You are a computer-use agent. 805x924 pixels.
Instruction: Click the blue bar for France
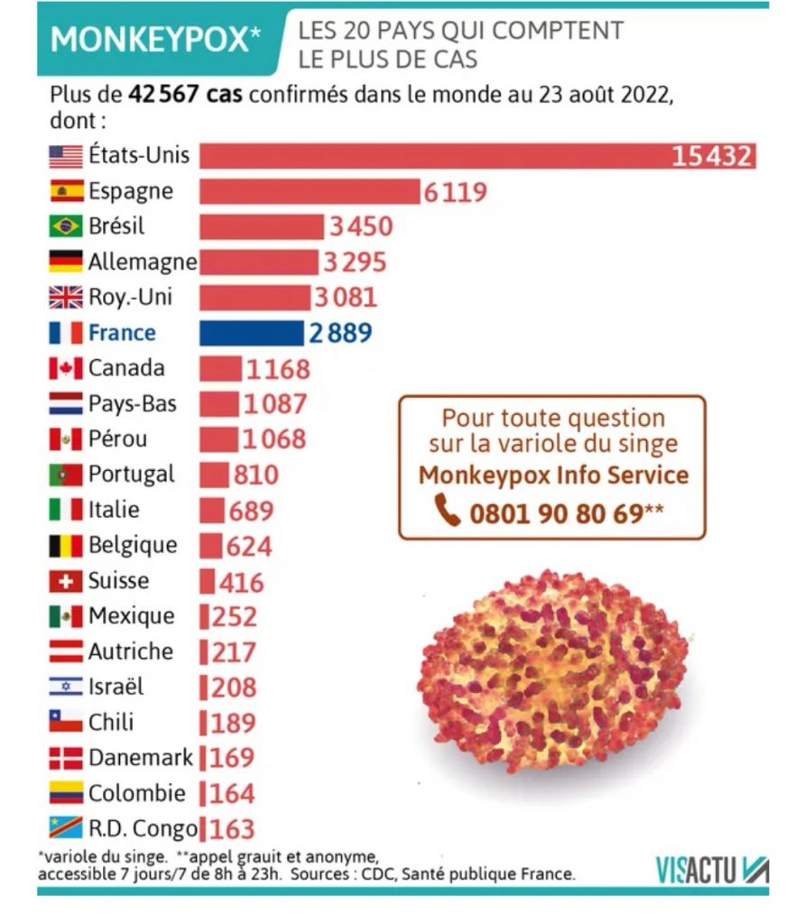(252, 333)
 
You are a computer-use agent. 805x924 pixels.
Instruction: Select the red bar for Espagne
(310, 191)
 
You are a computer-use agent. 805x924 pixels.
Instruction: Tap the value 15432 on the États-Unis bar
(711, 156)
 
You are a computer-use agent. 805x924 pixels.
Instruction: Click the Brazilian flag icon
(66, 226)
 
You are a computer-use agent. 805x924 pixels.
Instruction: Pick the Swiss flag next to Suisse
(66, 581)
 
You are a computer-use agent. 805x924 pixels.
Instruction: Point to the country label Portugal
(132, 475)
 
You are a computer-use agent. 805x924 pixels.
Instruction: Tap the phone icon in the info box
(448, 511)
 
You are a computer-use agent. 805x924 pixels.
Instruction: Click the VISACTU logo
(712, 870)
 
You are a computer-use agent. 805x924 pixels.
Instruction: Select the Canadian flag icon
(66, 368)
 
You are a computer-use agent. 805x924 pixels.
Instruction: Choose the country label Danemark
(141, 758)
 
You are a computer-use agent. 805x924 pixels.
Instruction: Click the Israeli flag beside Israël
(66, 688)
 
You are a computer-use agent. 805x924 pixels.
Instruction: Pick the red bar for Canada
(221, 368)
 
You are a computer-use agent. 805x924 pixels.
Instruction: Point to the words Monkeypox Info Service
(553, 476)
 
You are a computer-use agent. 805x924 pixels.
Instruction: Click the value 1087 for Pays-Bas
(276, 404)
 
